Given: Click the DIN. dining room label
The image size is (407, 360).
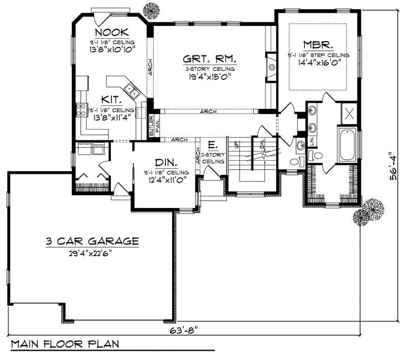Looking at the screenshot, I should (166, 163).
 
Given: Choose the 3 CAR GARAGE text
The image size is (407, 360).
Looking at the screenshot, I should (92, 242).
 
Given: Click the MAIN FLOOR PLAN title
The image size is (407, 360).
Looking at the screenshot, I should (65, 344).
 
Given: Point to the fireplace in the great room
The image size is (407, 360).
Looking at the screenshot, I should (272, 67).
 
